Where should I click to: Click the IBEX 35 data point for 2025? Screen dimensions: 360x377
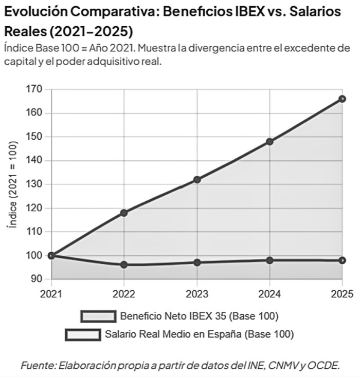[342, 99]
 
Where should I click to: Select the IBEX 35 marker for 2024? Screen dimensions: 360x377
[269, 142]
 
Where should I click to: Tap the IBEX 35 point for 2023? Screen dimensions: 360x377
[197, 179]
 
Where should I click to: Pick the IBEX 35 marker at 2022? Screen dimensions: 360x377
[124, 213]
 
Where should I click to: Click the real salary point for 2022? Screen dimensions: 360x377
[124, 265]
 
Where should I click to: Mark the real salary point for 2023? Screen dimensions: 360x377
[197, 262]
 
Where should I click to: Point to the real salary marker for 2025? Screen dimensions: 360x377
[342, 260]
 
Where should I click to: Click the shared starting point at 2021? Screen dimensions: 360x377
[51, 256]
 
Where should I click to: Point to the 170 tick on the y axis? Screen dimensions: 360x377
[34, 89]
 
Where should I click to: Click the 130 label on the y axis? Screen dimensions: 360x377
[34, 184]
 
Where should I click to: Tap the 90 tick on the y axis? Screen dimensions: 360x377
[37, 279]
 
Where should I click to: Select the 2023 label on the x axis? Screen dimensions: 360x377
[197, 294]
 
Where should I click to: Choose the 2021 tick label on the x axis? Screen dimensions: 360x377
[51, 294]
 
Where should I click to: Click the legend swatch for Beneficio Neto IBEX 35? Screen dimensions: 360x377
[99, 316]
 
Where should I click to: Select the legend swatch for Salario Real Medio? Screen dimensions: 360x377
[83, 335]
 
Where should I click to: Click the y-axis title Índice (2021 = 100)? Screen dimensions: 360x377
[12, 184]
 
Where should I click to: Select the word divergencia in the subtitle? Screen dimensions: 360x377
[215, 48]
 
